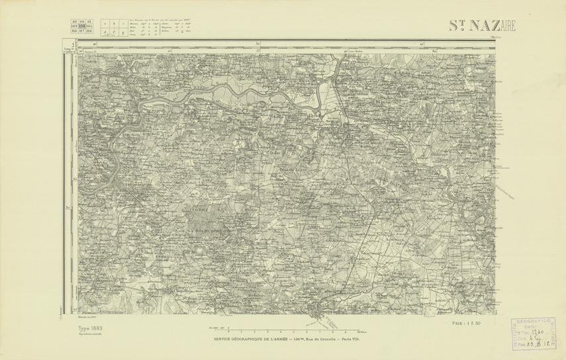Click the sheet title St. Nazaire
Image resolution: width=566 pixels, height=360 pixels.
click(481, 26)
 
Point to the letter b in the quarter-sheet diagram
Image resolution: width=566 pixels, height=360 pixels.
click(113, 22)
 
